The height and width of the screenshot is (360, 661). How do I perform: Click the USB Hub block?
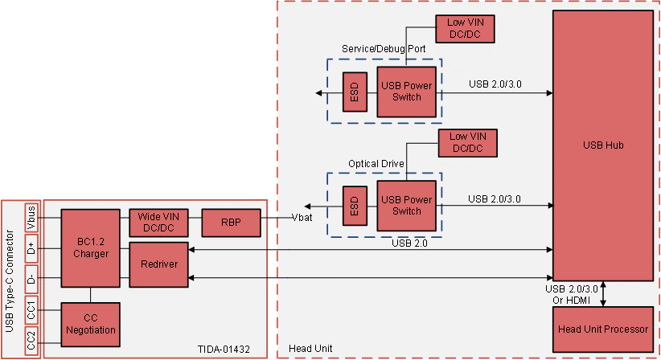[x=602, y=145]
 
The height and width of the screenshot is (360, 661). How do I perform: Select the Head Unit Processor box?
[x=602, y=329]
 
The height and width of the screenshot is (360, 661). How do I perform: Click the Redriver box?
[x=158, y=264]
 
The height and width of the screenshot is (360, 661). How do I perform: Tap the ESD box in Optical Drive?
[x=353, y=206]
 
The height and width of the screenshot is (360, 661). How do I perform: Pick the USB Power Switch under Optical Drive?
[x=406, y=205]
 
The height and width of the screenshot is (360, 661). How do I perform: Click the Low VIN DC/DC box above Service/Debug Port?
[x=465, y=29]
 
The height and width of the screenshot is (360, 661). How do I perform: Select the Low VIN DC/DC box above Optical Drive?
[x=466, y=143]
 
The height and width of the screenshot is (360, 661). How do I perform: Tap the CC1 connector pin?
[x=31, y=310]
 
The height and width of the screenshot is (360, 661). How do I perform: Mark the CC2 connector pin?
[x=31, y=342]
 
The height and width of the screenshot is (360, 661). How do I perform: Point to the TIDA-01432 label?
[x=224, y=349]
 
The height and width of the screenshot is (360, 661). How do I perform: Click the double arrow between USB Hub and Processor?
[x=603, y=292]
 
